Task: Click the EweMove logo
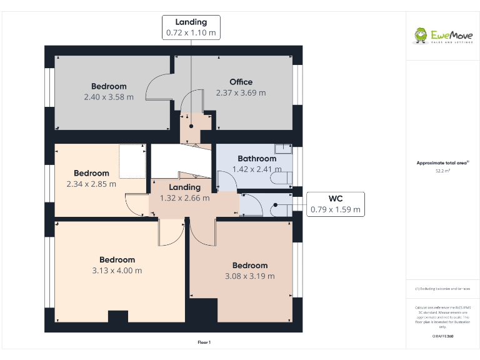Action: pyautogui.click(x=442, y=36)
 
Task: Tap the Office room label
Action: pyautogui.click(x=241, y=82)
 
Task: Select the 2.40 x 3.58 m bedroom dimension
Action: pyautogui.click(x=109, y=97)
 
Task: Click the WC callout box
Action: pyautogui.click(x=336, y=204)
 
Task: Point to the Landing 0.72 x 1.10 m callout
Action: pyautogui.click(x=191, y=27)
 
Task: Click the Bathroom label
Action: pyautogui.click(x=256, y=159)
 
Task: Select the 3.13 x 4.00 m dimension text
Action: pyautogui.click(x=117, y=271)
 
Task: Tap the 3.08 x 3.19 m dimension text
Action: pyautogui.click(x=249, y=276)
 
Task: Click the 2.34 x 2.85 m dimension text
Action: pyautogui.click(x=91, y=184)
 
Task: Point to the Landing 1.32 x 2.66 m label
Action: pyautogui.click(x=184, y=192)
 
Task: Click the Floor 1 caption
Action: pyautogui.click(x=204, y=342)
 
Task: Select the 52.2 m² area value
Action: pyautogui.click(x=442, y=170)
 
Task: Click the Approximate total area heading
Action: pyautogui.click(x=442, y=162)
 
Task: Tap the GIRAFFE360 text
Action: pyautogui.click(x=442, y=336)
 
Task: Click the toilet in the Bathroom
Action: pyautogui.click(x=282, y=179)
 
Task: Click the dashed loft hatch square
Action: pyautogui.click(x=132, y=161)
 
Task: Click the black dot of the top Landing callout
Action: pyautogui.click(x=191, y=125)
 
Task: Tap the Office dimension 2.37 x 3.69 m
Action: pyautogui.click(x=241, y=92)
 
